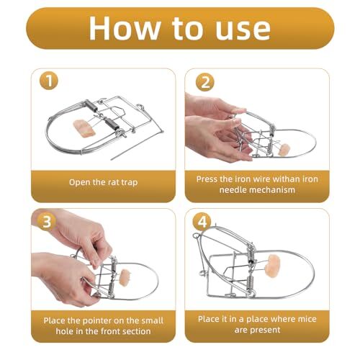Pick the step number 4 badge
click(204, 222)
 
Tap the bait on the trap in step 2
click(284, 150)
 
